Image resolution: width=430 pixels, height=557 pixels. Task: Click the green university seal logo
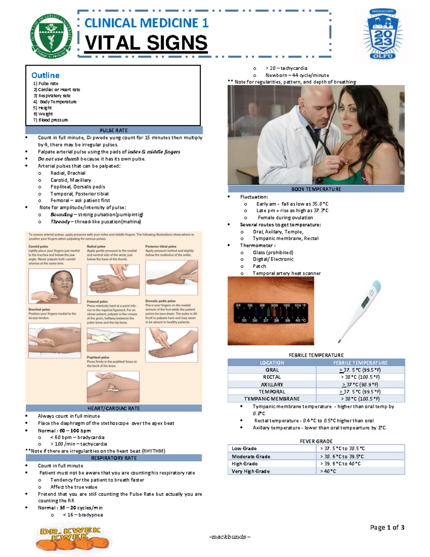[51, 36]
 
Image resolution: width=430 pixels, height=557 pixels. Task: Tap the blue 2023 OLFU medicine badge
[383, 34]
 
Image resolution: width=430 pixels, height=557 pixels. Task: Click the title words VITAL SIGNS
[146, 43]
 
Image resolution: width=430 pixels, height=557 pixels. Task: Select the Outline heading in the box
[46, 75]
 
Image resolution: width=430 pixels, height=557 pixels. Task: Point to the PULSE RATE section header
[114, 130]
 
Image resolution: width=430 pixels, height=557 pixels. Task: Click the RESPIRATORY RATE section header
[114, 458]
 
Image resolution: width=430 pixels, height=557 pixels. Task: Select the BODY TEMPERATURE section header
[316, 189]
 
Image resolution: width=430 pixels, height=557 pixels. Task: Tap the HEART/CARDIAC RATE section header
[114, 408]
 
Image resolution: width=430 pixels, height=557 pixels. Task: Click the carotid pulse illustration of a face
[54, 286]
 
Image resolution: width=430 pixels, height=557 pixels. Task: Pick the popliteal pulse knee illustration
[113, 386]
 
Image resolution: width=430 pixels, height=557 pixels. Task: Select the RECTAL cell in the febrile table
[272, 377]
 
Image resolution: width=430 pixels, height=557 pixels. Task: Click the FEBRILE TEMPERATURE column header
[360, 363]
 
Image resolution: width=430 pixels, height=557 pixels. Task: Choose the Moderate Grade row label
[251, 457]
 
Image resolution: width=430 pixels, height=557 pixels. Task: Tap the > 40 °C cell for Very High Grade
[328, 471]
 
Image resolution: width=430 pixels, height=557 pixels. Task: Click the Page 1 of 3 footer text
[387, 527]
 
